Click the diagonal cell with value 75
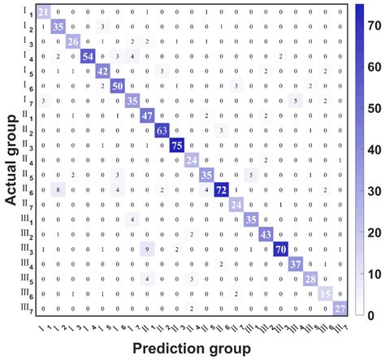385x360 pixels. [176, 144]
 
